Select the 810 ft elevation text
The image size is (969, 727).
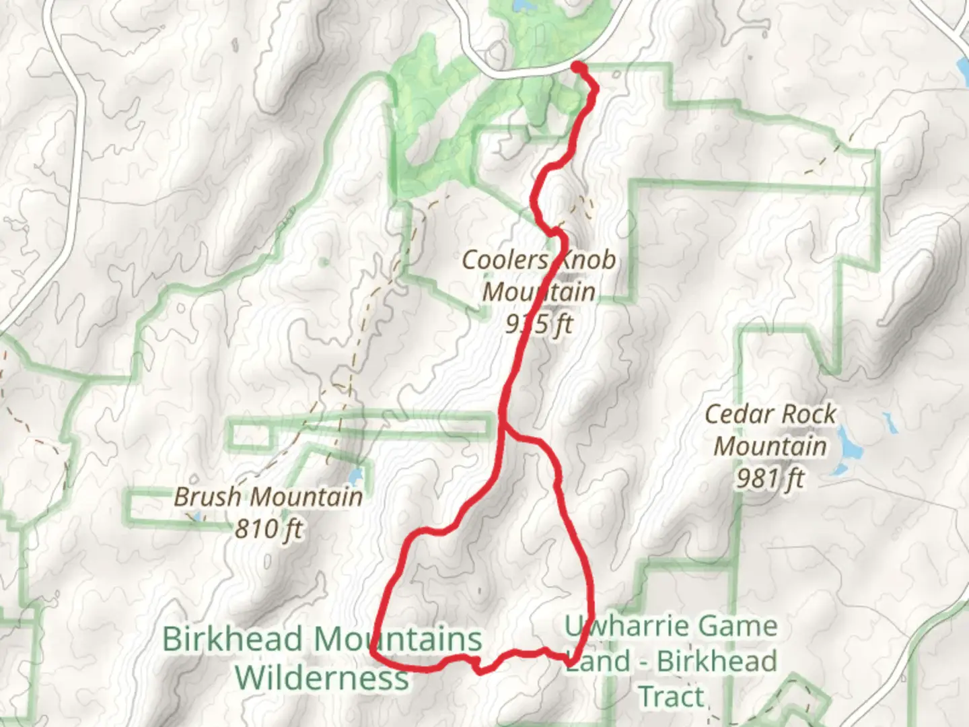tap(268, 529)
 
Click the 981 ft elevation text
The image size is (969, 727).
tap(770, 479)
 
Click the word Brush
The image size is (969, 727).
tap(207, 497)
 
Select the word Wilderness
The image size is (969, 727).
tap(322, 677)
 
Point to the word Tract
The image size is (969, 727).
tap(672, 697)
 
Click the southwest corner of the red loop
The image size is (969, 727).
tap(373, 650)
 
